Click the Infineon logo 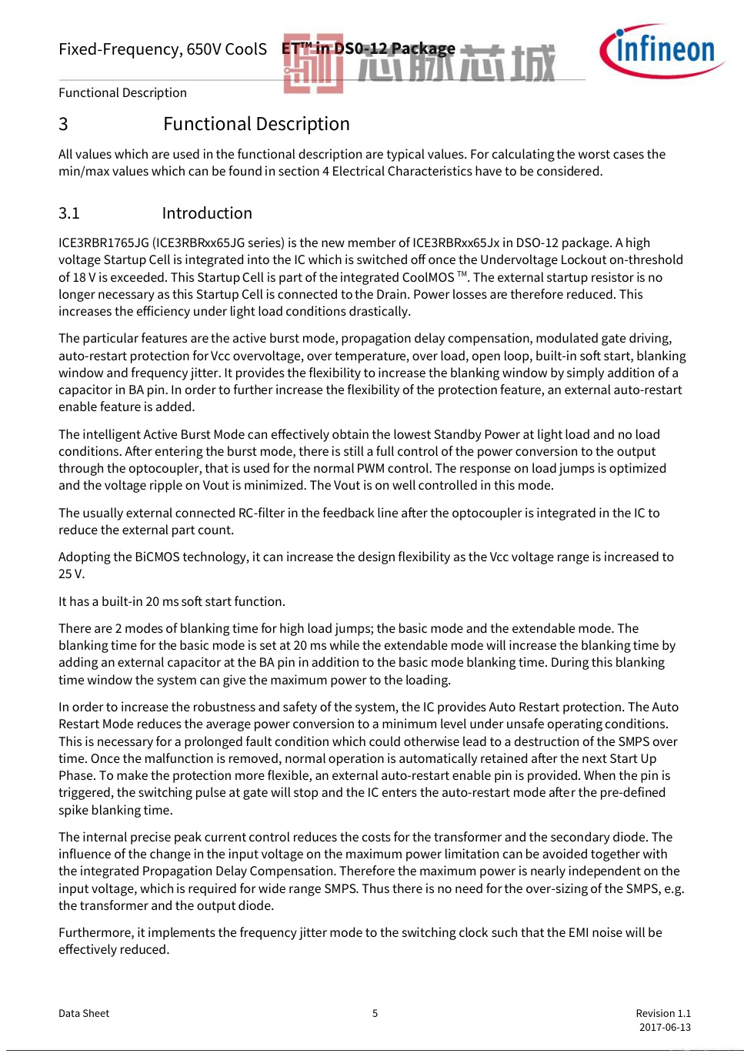662,51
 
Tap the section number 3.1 69,213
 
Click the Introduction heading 207,213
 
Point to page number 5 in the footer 375,1013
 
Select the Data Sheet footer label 84,1013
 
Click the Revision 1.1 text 663,1013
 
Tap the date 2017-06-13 665,1027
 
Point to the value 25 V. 71,574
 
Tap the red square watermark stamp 313,64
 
